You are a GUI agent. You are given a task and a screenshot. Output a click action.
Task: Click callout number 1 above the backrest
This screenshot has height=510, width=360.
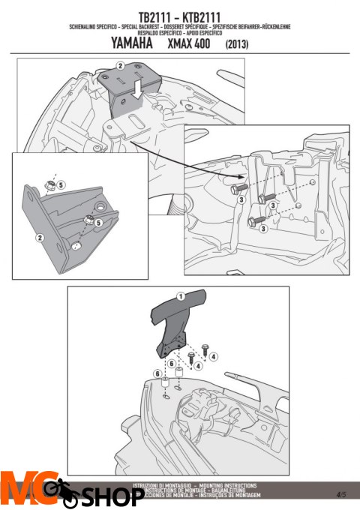pyautogui.click(x=181, y=295)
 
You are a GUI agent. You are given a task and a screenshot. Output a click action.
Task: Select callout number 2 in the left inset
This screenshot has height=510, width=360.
pyautogui.click(x=39, y=237)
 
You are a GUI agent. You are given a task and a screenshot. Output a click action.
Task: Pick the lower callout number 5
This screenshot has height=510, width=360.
pyautogui.click(x=97, y=223)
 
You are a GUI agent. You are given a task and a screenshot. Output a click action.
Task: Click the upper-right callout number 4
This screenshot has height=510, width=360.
pyautogui.click(x=213, y=356)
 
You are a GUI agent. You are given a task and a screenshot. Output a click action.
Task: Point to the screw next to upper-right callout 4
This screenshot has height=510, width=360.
pyautogui.click(x=200, y=350)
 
